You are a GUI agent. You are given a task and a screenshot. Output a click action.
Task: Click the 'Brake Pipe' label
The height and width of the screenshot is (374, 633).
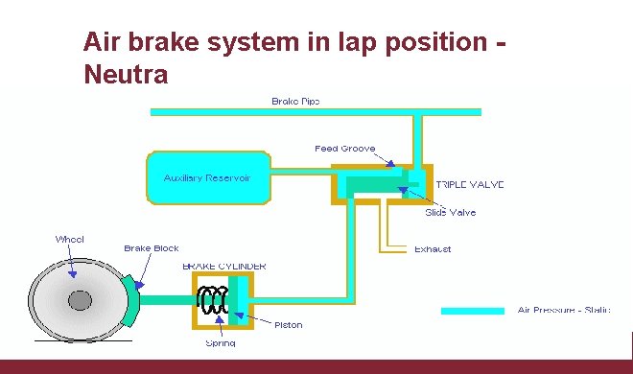tap(295, 101)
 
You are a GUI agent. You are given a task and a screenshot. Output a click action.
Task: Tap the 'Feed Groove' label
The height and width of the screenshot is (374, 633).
tap(344, 149)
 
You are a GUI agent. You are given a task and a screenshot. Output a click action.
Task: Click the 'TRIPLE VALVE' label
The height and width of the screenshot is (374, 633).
tap(470, 184)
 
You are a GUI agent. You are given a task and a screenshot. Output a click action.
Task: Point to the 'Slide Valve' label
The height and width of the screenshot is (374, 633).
tap(450, 212)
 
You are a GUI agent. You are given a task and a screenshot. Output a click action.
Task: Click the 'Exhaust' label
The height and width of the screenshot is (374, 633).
tap(433, 249)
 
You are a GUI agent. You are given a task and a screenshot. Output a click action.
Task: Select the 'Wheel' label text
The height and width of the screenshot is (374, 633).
tap(69, 239)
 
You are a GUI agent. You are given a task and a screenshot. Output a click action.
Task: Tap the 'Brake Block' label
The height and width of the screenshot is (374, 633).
tap(151, 248)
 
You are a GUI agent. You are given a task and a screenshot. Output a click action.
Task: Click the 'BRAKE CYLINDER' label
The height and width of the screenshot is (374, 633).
tap(224, 266)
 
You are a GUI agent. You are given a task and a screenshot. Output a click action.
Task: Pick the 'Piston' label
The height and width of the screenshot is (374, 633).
tap(288, 325)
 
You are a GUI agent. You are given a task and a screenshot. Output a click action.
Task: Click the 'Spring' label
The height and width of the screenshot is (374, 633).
tap(220, 342)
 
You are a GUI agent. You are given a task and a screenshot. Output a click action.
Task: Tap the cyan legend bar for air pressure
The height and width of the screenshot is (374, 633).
tap(472, 311)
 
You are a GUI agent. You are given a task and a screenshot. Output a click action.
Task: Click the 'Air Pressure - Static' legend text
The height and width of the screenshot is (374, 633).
tap(563, 311)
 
